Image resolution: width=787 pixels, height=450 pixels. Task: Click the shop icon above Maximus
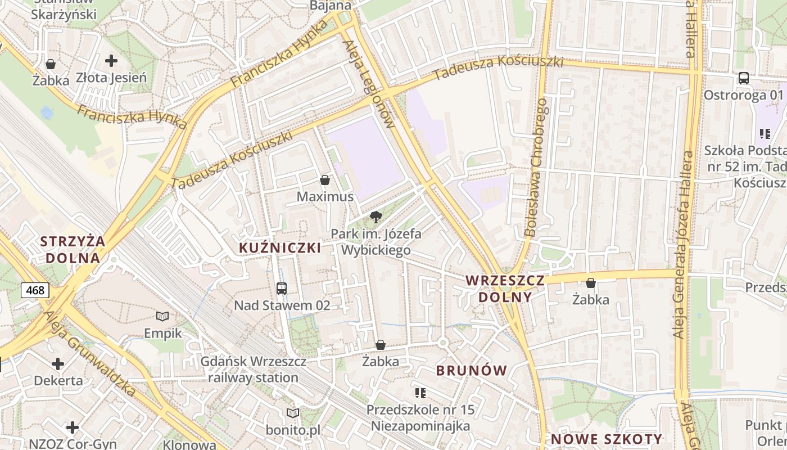(324, 180)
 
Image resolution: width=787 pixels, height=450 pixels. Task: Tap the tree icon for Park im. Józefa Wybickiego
(376, 217)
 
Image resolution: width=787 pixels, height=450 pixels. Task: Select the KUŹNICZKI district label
(280, 248)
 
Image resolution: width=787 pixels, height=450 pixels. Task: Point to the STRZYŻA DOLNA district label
(73, 250)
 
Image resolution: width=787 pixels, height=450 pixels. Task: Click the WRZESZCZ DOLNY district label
(505, 289)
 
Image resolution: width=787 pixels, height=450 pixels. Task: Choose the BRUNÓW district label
(472, 371)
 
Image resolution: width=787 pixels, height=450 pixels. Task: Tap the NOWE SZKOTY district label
(607, 439)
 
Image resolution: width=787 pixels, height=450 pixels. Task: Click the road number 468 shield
(35, 290)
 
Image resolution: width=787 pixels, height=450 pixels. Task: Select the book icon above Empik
(162, 316)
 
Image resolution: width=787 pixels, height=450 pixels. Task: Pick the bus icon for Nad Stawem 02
(282, 288)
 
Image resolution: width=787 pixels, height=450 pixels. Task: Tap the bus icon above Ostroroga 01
(743, 78)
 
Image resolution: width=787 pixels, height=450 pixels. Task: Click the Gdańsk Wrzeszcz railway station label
(253, 370)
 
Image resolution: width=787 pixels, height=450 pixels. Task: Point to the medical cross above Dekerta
(58, 363)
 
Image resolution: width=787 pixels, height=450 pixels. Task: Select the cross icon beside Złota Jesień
(111, 60)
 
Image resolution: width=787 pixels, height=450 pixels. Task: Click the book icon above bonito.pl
(292, 413)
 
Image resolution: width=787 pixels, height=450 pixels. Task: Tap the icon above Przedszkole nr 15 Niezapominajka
(420, 393)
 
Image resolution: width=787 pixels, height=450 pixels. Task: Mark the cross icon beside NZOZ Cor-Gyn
(73, 427)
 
